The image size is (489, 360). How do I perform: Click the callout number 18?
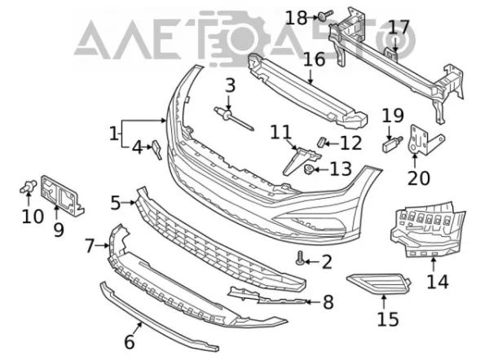click(297, 18)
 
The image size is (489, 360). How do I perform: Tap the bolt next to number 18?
click(325, 15)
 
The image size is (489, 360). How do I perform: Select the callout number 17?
click(399, 28)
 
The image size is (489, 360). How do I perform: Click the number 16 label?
click(314, 59)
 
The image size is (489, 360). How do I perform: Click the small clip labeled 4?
click(156, 149)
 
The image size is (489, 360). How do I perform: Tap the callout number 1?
click(114, 134)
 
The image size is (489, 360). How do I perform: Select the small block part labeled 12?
click(321, 142)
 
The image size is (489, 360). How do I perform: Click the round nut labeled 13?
click(309, 169)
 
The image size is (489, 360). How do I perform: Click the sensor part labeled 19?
click(391, 143)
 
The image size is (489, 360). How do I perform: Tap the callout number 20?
click(419, 178)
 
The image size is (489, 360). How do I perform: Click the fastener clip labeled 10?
click(28, 187)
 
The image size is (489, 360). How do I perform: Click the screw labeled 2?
click(300, 259)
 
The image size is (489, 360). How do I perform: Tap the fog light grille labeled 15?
click(378, 283)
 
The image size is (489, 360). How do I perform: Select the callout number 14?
click(437, 282)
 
